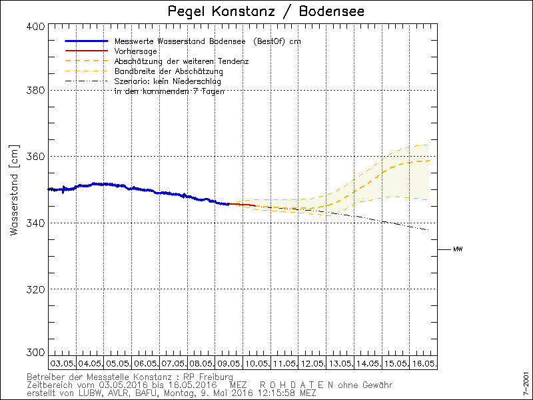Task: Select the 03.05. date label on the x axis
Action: click(x=62, y=364)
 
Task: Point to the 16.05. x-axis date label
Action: click(x=424, y=364)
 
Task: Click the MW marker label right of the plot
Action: click(x=458, y=249)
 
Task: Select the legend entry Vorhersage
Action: click(x=135, y=51)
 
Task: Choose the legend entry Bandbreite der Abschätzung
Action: click(x=169, y=71)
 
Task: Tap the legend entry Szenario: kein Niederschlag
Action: click(x=168, y=81)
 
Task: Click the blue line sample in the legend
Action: click(x=86, y=41)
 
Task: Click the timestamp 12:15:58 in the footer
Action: click(x=278, y=393)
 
